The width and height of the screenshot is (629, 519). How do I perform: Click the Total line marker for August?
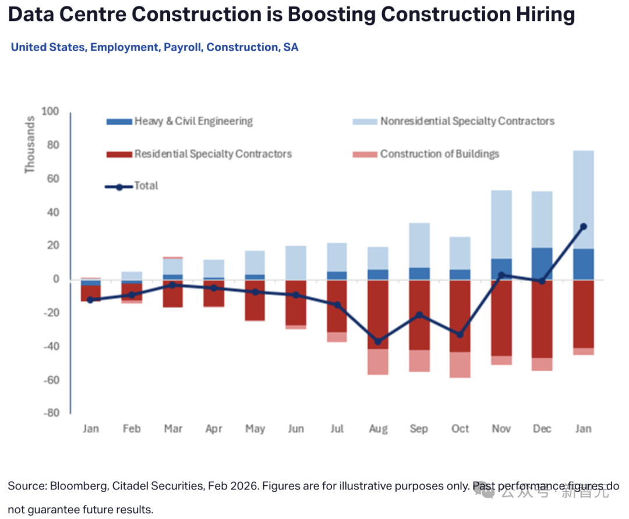pos(378,342)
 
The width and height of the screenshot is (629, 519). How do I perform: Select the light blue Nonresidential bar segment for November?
pos(501,225)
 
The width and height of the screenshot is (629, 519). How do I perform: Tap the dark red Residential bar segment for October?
pos(460,316)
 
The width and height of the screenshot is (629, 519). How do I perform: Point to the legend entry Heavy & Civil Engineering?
pos(180,121)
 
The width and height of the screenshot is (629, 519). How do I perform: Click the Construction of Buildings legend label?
pos(440,154)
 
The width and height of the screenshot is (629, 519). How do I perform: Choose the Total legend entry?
pos(132,186)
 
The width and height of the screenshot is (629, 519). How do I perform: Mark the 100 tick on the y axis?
pos(50,111)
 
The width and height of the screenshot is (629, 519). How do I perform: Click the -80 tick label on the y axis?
pos(51,413)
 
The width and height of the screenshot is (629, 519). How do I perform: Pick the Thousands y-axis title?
pos(30,145)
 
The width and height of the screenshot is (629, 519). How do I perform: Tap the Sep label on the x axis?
pos(419,429)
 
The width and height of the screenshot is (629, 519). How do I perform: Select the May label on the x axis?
pos(255,429)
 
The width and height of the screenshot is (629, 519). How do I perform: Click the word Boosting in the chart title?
pos(331,15)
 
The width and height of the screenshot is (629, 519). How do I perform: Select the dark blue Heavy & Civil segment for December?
pos(542,264)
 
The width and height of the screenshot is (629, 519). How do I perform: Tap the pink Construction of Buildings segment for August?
pos(378,362)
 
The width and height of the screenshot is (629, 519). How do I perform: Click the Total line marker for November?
pos(501,275)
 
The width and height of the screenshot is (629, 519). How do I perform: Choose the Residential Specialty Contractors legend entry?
pos(199,154)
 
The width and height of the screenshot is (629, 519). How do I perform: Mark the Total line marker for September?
pos(419,315)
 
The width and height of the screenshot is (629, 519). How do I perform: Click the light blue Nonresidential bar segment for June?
pos(296,263)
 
